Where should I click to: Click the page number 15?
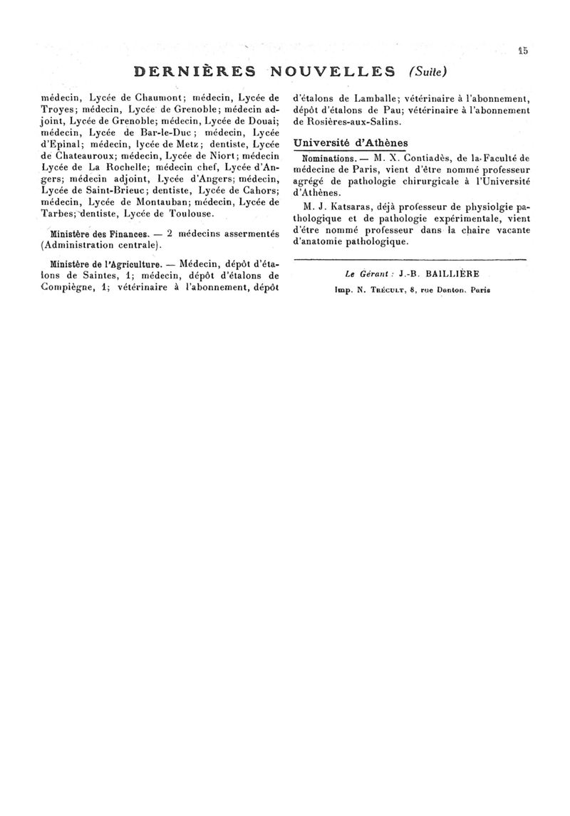tap(524, 51)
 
